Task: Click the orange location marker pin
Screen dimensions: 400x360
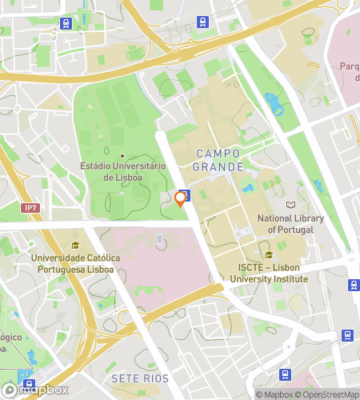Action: pyautogui.click(x=180, y=199)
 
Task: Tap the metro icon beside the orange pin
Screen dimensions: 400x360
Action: pyautogui.click(x=185, y=194)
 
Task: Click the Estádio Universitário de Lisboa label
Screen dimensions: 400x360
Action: pyautogui.click(x=122, y=170)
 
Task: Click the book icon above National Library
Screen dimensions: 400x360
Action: pyautogui.click(x=290, y=206)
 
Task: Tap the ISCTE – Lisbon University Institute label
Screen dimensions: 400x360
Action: pyautogui.click(x=268, y=274)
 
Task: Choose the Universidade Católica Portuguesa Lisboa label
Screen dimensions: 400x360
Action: pyautogui.click(x=75, y=263)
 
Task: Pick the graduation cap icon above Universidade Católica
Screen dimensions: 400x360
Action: pyautogui.click(x=75, y=246)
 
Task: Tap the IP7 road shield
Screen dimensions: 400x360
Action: pyautogui.click(x=30, y=208)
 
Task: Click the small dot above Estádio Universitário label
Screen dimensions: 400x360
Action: pyautogui.click(x=122, y=156)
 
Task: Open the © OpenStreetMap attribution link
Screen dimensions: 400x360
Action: pyautogui.click(x=329, y=394)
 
